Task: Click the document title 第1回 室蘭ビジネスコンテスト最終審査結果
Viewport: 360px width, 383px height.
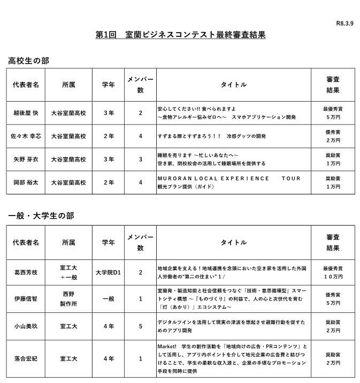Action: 180,35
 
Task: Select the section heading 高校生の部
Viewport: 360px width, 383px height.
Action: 28,61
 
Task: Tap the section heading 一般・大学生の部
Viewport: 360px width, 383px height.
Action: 41,216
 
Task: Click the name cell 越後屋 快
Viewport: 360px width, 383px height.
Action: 26,113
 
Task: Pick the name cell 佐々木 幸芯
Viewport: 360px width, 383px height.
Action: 26,136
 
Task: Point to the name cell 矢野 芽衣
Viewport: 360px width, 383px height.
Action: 26,159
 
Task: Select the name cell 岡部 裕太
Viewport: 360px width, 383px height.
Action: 26,182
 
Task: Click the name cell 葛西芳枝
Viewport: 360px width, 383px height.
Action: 26,272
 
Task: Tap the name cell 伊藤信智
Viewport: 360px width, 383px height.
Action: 26,298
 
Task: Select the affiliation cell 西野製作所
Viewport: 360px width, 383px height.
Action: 68,298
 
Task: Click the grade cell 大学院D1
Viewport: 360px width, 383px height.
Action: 109,272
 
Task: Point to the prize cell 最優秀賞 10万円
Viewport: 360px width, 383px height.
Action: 333,272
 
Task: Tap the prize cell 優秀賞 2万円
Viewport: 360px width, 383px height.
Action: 333,136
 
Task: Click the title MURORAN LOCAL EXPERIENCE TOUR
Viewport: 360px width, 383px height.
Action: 228,179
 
